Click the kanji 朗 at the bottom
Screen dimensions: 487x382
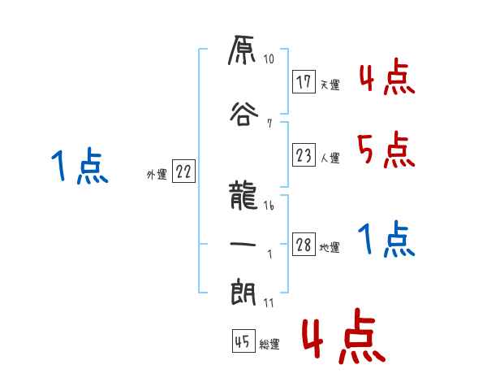243,293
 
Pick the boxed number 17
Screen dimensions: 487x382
304,83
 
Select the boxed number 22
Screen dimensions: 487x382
183,171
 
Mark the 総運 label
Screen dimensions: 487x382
269,345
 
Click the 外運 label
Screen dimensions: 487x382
156,174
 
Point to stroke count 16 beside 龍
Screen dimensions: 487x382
269,206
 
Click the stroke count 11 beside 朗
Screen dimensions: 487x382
269,302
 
